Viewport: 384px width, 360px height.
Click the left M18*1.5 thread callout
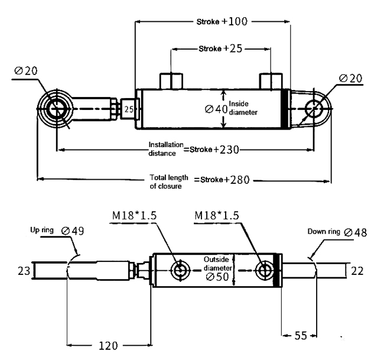coord(134,217)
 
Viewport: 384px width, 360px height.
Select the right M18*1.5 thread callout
coord(216,217)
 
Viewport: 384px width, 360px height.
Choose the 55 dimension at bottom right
coord(301,336)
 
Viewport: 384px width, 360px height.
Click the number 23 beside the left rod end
coord(24,271)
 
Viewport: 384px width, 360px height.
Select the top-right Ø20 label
coord(351,78)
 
